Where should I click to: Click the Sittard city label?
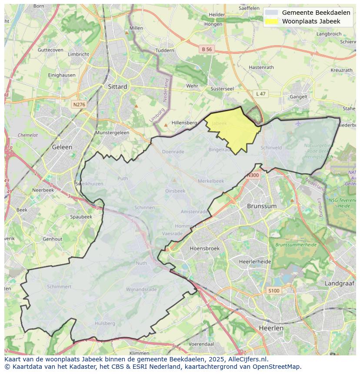tap(117, 86)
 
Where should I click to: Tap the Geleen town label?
tap(62, 147)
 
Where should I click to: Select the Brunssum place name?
tap(261, 206)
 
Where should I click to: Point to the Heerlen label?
tap(271, 328)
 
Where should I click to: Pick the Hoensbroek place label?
tap(204, 248)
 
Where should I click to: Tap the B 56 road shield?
tap(207, 50)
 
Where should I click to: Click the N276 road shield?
tap(79, 105)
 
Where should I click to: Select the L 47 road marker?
tap(260, 94)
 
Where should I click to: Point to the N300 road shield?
tap(253, 175)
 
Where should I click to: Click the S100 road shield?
tap(273, 291)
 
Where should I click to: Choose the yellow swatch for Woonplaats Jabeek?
tap(271, 21)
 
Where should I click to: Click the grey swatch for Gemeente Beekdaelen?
tap(271, 13)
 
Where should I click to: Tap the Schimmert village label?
tap(59, 287)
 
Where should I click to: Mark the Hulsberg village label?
tap(105, 323)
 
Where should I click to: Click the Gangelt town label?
tap(299, 97)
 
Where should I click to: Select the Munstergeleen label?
tap(112, 132)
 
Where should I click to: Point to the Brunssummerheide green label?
tap(295, 245)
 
